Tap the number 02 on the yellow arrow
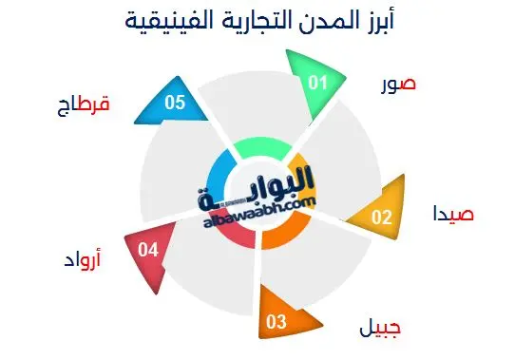pos(381,218)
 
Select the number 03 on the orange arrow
pos(277,322)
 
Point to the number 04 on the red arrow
pos(147,250)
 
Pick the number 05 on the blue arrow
pos(173,103)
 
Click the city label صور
pos(395,84)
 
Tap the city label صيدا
pos(452,214)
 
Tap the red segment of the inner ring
pos(236,234)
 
